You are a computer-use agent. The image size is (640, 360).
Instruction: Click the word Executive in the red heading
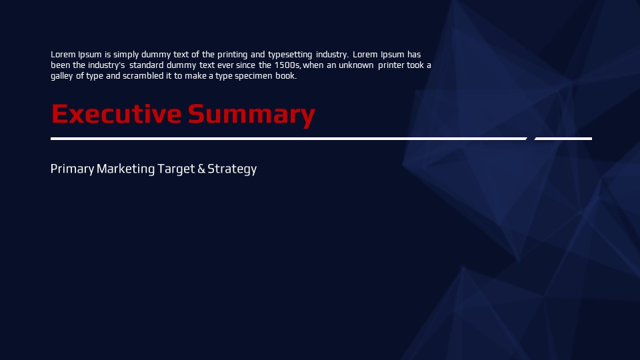[x=116, y=114]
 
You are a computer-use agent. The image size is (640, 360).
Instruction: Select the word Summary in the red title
[x=251, y=115]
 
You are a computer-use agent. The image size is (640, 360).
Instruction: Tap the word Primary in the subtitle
[x=72, y=169]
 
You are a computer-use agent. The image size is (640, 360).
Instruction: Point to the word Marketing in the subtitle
[x=126, y=169]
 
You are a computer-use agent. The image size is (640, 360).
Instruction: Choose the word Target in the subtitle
[x=176, y=169]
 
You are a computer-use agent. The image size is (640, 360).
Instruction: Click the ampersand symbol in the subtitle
[x=201, y=169]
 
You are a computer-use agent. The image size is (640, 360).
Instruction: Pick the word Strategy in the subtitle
[x=232, y=169]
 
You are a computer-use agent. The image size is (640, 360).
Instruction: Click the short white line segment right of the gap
[x=563, y=139]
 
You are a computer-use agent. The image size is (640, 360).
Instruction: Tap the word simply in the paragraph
[x=126, y=55]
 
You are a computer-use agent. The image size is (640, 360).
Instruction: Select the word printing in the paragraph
[x=232, y=55]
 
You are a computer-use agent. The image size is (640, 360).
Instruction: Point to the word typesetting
[x=290, y=55]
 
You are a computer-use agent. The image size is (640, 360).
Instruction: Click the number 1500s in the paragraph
[x=287, y=65]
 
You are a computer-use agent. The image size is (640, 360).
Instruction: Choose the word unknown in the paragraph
[x=356, y=65]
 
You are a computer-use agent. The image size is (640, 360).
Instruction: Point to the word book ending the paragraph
[x=285, y=76]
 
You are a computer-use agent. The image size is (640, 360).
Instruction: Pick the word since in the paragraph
[x=245, y=65]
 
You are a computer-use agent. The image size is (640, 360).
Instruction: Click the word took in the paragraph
[x=415, y=65]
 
